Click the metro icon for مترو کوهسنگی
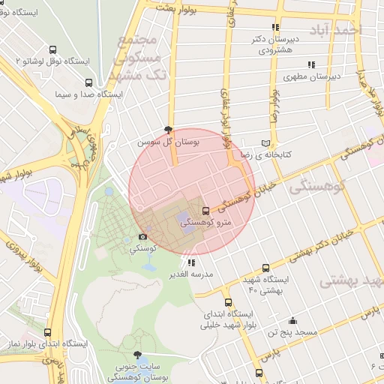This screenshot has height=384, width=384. click(206, 210)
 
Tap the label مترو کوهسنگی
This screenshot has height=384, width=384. click(211, 222)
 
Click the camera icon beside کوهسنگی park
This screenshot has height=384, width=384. click(143, 236)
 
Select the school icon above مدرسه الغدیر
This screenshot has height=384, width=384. click(192, 263)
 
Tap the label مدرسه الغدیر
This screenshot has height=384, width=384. click(193, 274)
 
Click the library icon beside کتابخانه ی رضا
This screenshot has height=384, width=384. click(265, 143)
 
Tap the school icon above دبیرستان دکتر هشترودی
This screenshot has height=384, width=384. click(276, 27)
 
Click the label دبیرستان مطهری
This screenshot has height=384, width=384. click(312, 76)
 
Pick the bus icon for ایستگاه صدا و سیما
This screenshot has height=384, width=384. click(88, 83)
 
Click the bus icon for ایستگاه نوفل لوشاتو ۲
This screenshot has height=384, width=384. click(52, 49)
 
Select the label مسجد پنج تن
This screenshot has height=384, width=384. click(295, 331)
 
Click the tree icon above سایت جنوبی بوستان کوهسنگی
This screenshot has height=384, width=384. click(136, 355)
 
